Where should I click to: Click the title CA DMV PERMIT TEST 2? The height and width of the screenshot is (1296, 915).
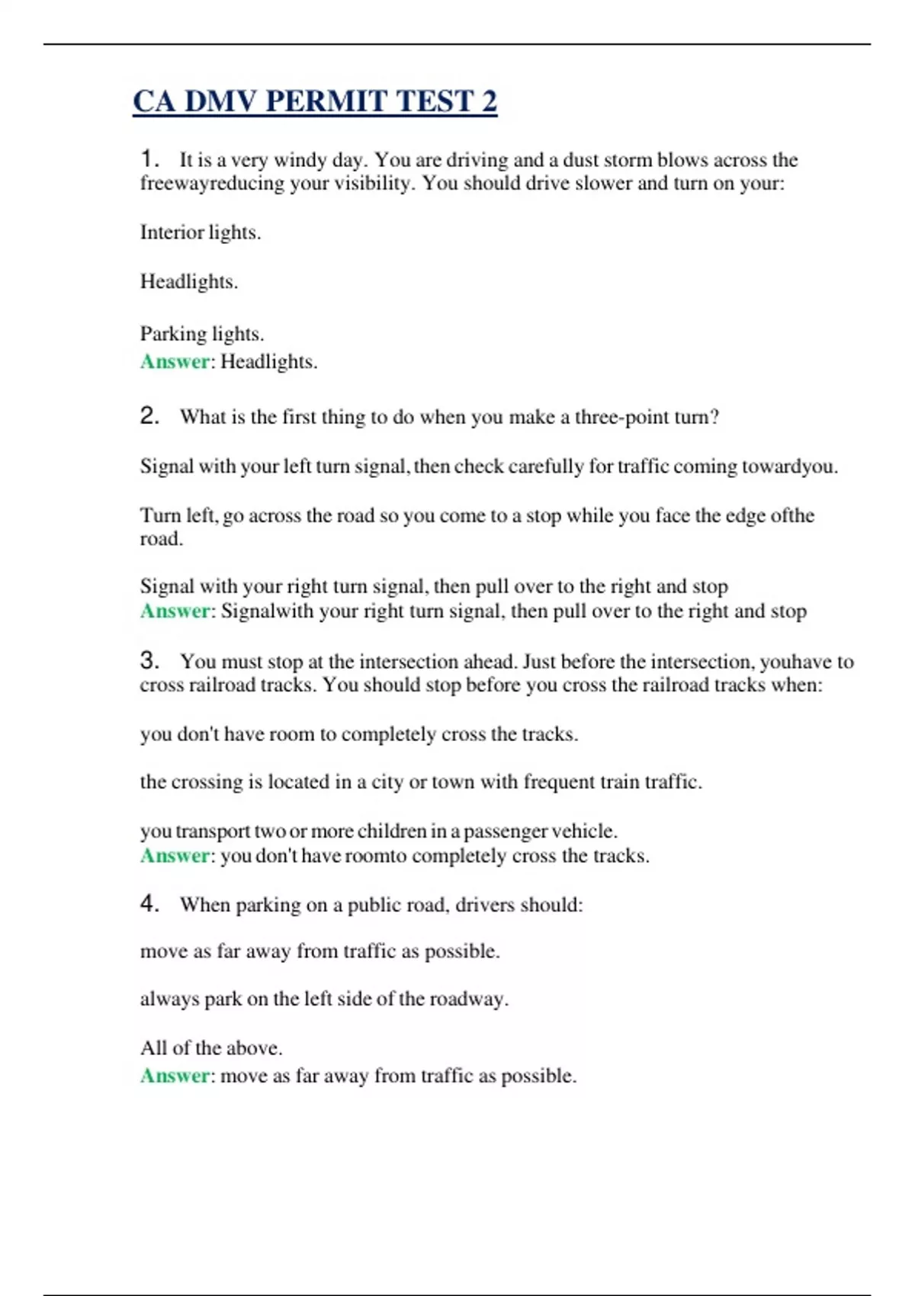click(x=314, y=101)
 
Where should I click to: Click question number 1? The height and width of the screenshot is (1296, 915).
click(x=149, y=159)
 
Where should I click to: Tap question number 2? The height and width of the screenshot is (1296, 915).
click(x=149, y=415)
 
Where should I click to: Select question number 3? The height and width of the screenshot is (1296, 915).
click(x=149, y=660)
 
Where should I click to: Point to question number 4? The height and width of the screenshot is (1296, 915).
click(x=149, y=903)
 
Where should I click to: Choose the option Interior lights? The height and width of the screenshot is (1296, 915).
click(x=201, y=233)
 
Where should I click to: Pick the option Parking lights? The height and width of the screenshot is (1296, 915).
click(x=202, y=334)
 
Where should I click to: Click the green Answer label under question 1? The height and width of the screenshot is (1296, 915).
click(x=175, y=361)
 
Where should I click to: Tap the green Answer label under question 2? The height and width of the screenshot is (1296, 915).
click(x=175, y=611)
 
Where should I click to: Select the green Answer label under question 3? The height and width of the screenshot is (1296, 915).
click(x=175, y=856)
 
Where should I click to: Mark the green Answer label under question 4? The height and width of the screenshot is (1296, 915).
click(x=175, y=1076)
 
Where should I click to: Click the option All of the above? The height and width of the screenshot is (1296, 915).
click(x=211, y=1048)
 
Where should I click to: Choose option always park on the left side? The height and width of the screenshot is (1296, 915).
click(x=324, y=999)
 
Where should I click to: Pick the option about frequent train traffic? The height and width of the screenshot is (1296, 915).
click(x=421, y=782)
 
